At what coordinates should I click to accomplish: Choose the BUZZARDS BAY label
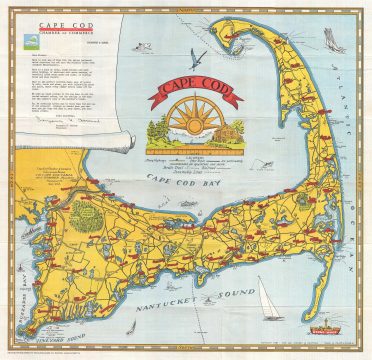coord(14,285)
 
